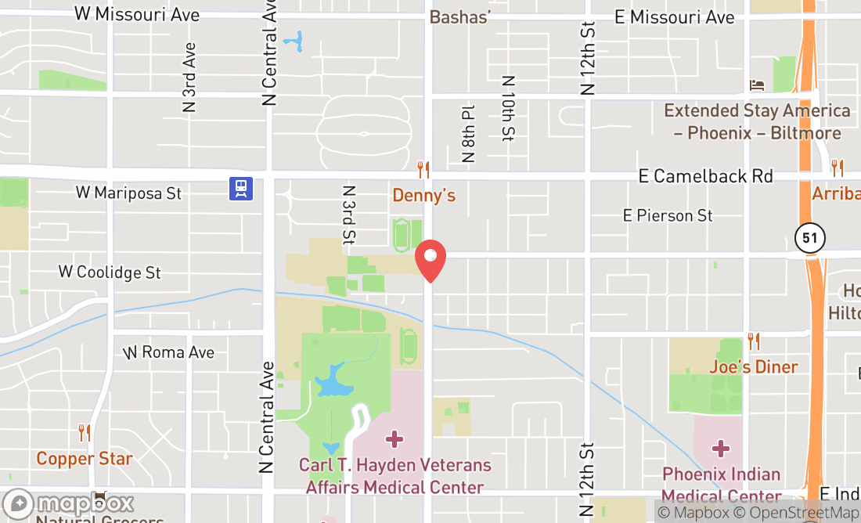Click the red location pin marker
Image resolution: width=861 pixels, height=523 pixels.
430,260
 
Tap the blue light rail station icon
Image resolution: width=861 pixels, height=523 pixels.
241,189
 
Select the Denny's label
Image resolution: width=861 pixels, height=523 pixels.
423,195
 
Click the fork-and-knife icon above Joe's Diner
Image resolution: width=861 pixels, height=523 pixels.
754,341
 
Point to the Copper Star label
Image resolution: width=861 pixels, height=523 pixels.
85,458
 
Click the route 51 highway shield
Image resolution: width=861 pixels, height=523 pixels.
809,238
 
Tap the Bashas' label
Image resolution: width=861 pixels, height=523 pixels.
460,16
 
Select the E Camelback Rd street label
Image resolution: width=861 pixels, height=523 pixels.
705,176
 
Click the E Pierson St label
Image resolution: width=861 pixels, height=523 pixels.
668,215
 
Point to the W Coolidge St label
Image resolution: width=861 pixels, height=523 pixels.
110,272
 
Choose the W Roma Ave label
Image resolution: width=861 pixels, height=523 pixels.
168,352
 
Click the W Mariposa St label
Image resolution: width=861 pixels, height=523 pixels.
128,193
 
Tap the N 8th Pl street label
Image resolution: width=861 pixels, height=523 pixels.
469,134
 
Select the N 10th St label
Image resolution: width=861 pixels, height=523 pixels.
509,108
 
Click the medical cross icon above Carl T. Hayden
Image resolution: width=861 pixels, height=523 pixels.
394,438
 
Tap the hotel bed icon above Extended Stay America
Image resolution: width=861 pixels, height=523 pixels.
757,85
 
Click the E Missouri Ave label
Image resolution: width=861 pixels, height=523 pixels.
674,16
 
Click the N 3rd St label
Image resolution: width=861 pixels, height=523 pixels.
349,214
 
